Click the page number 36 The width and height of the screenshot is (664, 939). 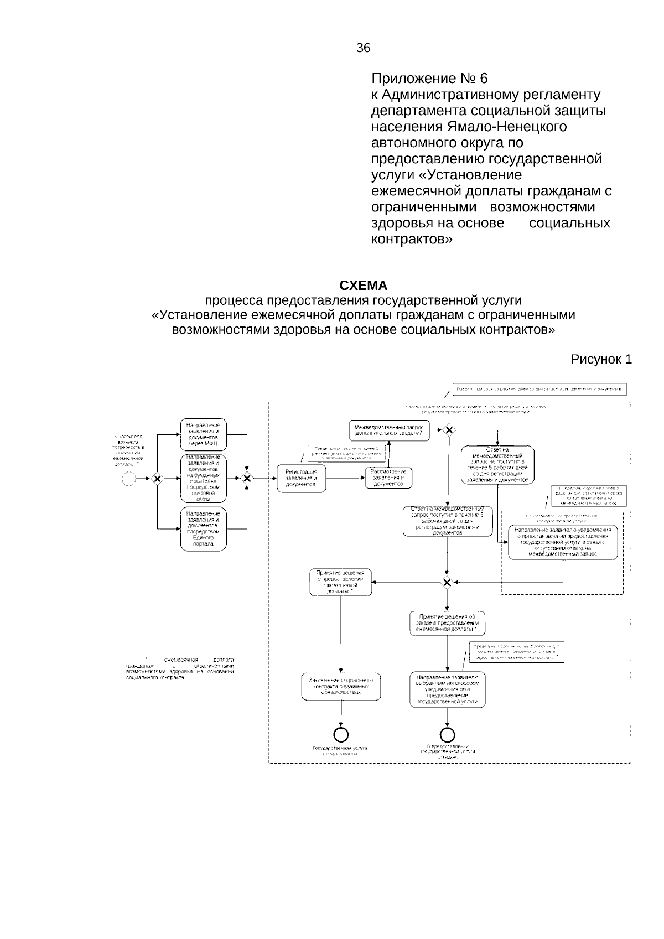coord(364,48)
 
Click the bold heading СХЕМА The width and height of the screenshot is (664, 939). coord(363,286)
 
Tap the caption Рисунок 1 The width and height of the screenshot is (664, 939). coord(601,360)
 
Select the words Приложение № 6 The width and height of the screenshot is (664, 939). coord(429,79)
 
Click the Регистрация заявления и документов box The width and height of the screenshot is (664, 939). coord(301,478)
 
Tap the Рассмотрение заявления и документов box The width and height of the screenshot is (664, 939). coord(388,478)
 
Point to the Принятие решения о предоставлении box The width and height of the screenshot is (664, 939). coord(340,582)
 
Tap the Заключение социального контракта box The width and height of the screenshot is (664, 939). coord(341,686)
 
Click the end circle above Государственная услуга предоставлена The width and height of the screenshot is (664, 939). coord(341,734)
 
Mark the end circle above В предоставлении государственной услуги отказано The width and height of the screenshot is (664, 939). coord(447,734)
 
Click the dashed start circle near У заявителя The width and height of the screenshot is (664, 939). coord(129,479)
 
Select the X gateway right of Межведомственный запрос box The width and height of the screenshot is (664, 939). coord(448,430)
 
